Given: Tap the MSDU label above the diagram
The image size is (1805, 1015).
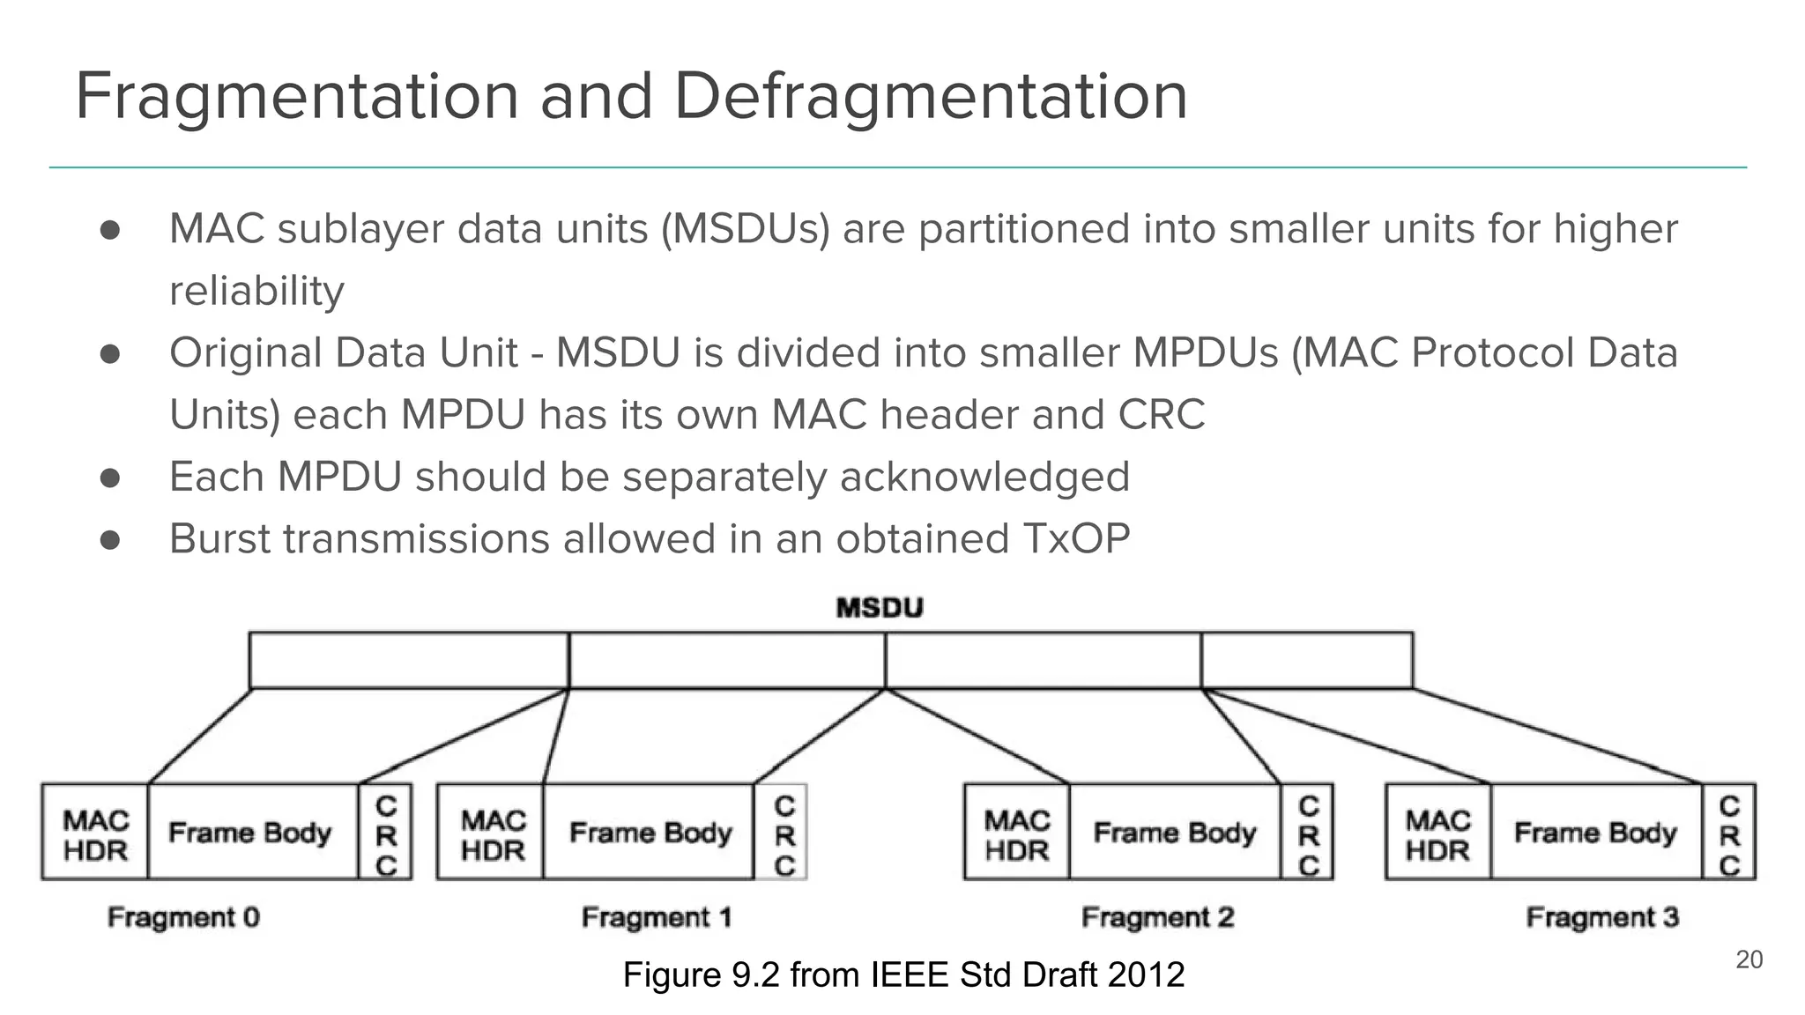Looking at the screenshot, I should click(x=879, y=608).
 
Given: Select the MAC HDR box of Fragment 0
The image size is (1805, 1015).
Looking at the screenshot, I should click(x=95, y=833).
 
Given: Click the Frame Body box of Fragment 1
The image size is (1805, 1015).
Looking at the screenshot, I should click(x=650, y=833).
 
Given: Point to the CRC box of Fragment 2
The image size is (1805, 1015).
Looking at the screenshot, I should click(x=1308, y=833).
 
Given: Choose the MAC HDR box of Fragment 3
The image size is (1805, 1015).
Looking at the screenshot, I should click(x=1437, y=833).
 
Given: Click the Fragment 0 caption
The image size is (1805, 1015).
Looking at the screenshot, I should click(x=183, y=917).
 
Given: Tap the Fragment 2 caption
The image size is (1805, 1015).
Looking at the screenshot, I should click(x=1157, y=917).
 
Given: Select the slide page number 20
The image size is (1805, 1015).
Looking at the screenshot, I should click(x=1749, y=959).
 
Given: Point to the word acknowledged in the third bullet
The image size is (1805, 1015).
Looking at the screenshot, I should click(x=984, y=477).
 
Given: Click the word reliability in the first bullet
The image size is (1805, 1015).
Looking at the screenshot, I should click(x=256, y=291).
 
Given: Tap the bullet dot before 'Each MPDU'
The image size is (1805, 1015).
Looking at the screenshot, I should click(x=110, y=478).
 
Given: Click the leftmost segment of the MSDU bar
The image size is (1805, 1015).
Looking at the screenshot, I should click(x=409, y=660).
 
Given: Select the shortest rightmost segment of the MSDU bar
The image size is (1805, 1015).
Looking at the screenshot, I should click(x=1307, y=660).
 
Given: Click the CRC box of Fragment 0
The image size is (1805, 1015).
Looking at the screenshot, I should click(x=386, y=833).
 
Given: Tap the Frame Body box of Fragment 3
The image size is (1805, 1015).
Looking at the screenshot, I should click(x=1595, y=833).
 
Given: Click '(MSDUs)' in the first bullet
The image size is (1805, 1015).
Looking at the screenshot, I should click(x=746, y=229).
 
